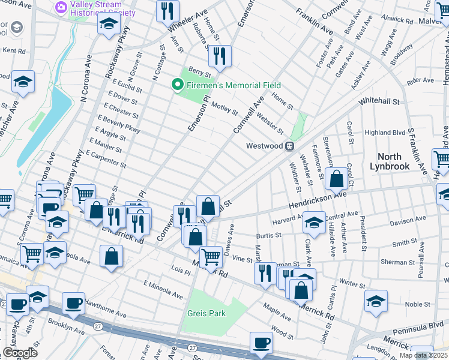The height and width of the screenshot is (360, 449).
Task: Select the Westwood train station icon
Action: point(289,146)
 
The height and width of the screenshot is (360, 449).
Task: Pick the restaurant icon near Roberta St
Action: point(220,56)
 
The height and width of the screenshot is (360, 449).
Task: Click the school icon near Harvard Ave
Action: point(314,222)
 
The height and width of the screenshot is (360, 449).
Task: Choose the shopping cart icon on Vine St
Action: point(211,257)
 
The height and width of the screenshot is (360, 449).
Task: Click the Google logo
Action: point(20,353)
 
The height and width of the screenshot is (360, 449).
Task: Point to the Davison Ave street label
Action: point(408,220)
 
